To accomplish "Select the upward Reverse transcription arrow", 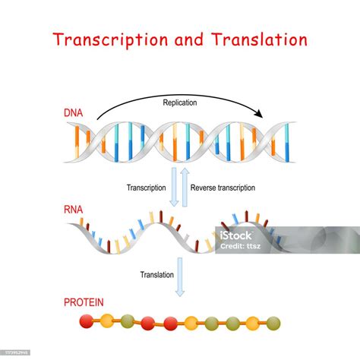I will (185, 186).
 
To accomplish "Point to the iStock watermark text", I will (242, 235).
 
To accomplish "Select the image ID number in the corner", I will (17, 353).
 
